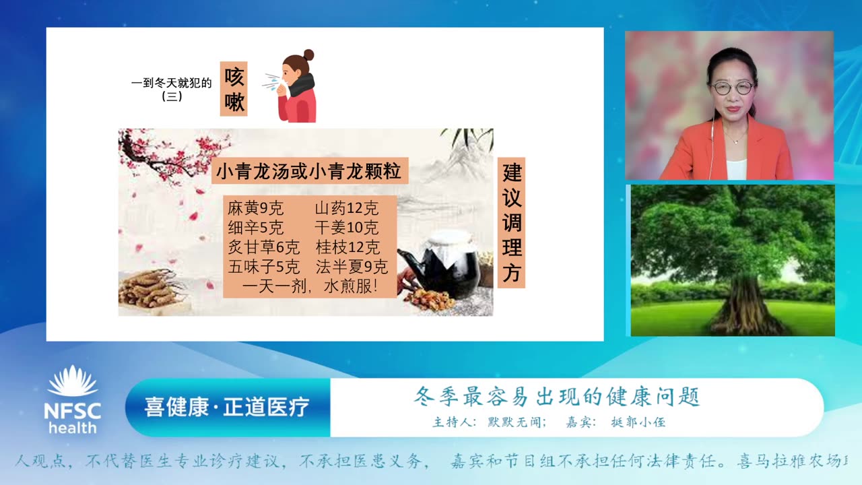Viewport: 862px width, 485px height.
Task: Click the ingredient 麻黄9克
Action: click(256, 208)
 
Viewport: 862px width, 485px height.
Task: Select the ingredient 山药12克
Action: click(346, 208)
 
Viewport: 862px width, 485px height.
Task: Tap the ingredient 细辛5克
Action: click(256, 228)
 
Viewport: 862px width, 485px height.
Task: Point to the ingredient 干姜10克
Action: click(346, 228)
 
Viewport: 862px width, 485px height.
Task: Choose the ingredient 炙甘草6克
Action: click(264, 247)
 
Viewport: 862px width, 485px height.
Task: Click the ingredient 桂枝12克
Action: click(347, 247)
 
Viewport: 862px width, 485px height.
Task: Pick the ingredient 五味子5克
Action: click(264, 267)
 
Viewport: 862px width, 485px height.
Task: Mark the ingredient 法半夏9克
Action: click(352, 267)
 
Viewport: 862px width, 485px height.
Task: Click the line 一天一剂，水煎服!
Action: click(310, 287)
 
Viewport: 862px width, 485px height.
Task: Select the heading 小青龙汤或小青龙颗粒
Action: click(309, 172)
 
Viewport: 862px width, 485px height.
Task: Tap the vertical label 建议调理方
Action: click(512, 222)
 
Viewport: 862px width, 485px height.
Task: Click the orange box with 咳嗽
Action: click(234, 89)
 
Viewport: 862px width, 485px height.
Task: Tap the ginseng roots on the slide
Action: click(151, 289)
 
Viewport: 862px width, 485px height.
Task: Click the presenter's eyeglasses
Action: click(732, 88)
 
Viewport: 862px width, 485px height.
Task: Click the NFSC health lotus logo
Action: click(73, 399)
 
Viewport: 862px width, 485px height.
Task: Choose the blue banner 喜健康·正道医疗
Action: click(228, 407)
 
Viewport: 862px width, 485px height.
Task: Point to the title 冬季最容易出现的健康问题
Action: click(557, 396)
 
